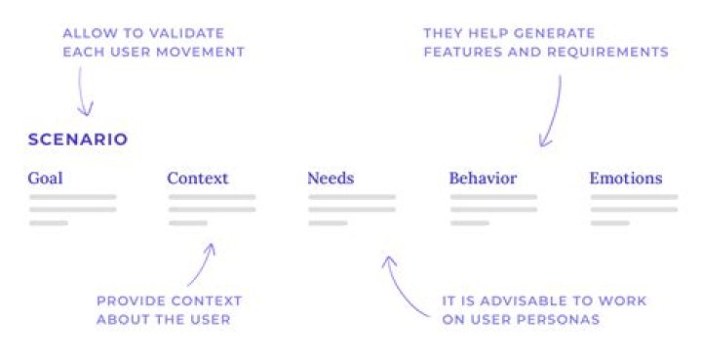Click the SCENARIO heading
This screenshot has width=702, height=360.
78,140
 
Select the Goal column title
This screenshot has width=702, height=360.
46,179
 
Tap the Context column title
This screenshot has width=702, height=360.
198,179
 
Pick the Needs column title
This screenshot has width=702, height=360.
331,179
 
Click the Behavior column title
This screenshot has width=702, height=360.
483,179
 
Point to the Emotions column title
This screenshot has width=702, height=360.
626,179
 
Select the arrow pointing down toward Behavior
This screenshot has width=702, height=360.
553,112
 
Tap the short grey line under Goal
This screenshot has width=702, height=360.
48,222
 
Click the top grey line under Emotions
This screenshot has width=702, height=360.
634,197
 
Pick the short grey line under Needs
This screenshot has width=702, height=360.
328,222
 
